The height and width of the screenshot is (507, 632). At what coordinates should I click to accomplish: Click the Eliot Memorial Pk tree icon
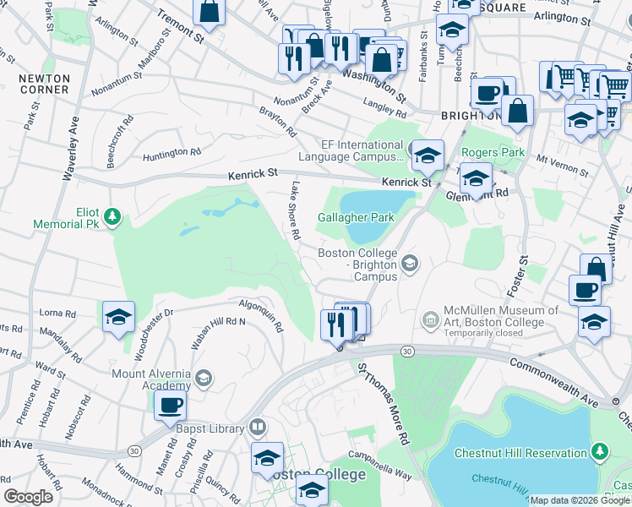110,219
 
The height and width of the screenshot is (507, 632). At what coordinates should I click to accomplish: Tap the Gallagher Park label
356,217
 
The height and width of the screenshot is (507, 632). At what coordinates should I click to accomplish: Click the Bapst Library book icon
258,428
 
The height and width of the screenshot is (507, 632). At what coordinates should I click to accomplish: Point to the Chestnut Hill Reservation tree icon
600,453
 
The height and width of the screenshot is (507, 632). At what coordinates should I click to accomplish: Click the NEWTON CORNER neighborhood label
44,84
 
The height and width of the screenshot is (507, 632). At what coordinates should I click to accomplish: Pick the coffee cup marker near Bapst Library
170,406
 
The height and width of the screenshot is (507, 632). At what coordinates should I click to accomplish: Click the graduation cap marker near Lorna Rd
119,317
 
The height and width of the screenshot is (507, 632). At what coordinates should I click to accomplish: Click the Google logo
28,497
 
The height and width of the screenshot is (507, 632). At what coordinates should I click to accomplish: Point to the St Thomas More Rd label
382,406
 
